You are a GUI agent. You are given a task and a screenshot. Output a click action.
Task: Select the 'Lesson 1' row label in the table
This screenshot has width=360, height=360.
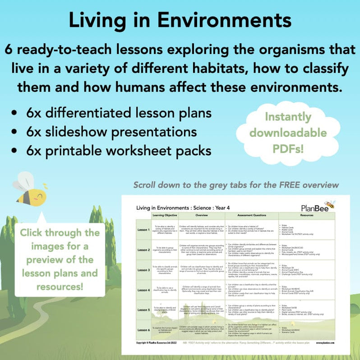pyautogui.click(x=143, y=230)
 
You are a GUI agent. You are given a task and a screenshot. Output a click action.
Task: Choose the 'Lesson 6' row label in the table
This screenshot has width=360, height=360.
pyautogui.click(x=143, y=329)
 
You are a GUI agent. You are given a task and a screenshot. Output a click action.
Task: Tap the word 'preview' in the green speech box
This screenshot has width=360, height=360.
pyautogui.click(x=60, y=260)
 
